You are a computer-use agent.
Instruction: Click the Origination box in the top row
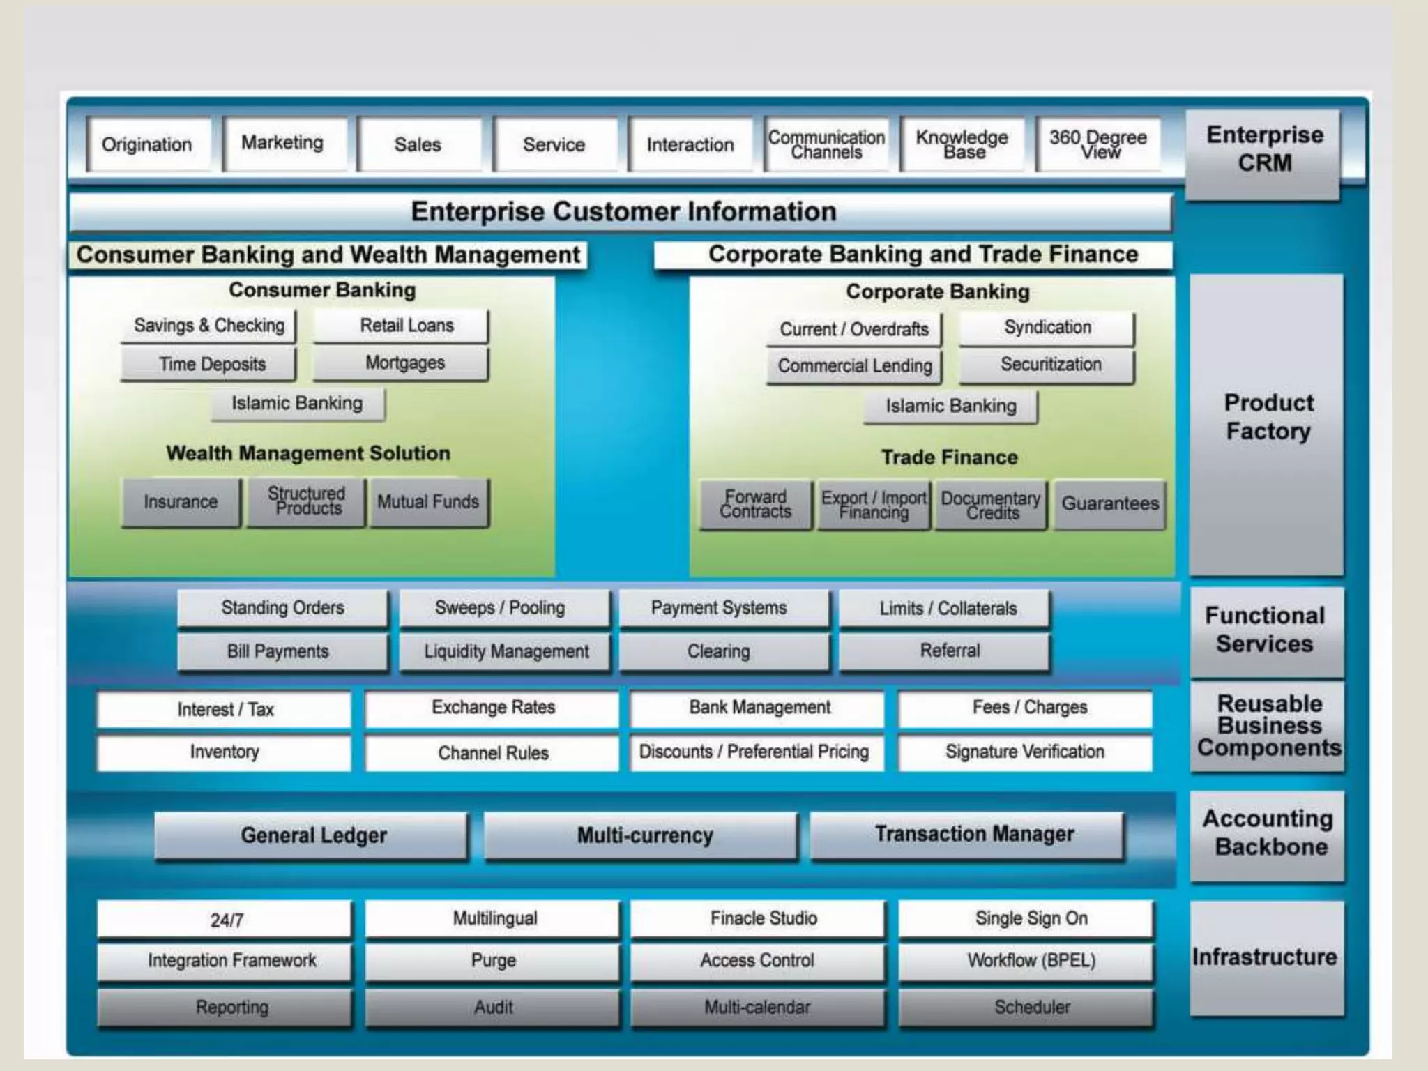[x=147, y=144]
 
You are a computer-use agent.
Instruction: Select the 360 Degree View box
[x=1098, y=144]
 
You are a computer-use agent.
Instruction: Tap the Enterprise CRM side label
[x=1263, y=149]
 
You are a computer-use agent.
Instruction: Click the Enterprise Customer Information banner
[x=623, y=212]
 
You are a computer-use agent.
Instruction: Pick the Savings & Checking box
[x=209, y=326]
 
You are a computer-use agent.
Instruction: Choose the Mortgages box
[x=404, y=363]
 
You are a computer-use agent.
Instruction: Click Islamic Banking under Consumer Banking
[x=297, y=404]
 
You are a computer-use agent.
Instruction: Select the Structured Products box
[x=306, y=501]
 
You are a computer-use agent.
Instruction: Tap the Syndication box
[x=1047, y=328]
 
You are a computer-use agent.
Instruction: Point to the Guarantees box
[x=1109, y=503]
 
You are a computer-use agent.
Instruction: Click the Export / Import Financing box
[x=874, y=505]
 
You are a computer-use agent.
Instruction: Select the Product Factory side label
[x=1268, y=418]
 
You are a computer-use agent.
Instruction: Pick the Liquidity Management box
[x=506, y=651]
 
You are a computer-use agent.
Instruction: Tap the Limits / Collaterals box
[x=947, y=609]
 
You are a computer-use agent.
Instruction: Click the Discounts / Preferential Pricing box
[x=754, y=752]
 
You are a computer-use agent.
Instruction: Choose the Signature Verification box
[x=1024, y=752]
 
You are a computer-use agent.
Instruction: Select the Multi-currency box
[x=644, y=835]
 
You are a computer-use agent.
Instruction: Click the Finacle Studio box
[x=763, y=918]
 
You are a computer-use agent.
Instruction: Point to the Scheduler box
[x=1031, y=1007]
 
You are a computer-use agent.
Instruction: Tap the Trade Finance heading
[x=949, y=457]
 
